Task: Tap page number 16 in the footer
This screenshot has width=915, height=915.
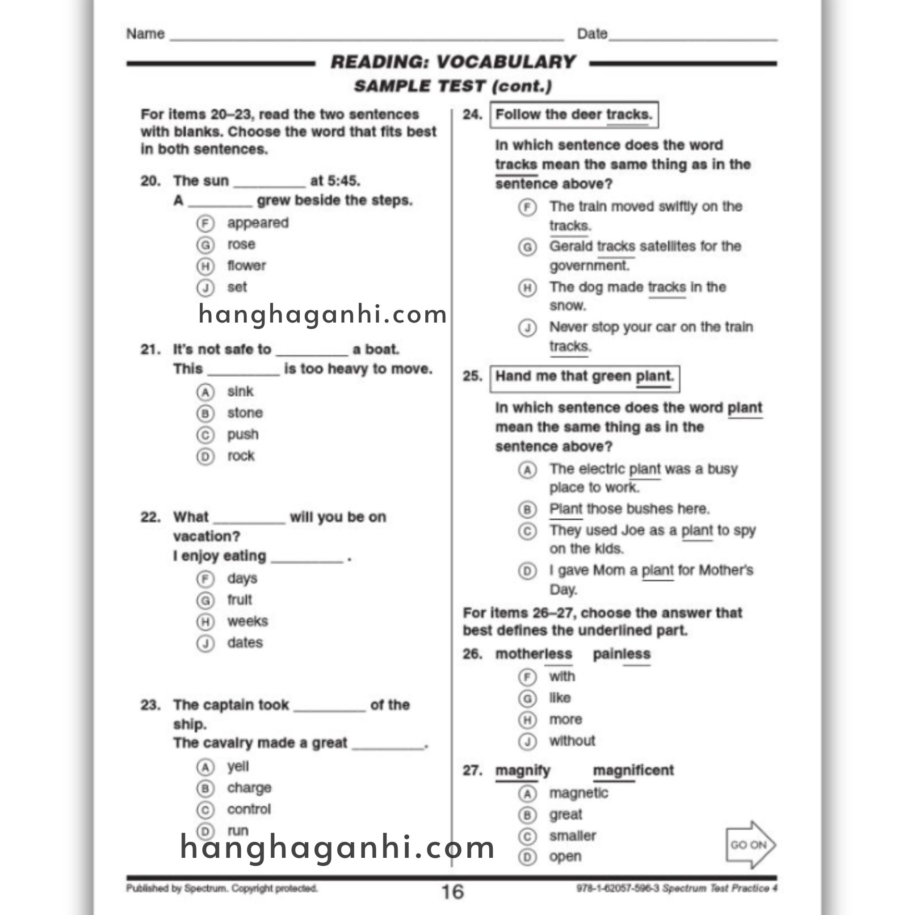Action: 452,892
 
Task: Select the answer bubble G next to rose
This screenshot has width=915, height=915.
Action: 205,245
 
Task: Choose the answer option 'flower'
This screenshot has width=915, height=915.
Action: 246,266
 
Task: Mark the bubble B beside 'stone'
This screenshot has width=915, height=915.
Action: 205,413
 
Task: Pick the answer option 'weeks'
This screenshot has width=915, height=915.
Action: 247,621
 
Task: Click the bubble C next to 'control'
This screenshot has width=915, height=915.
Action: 205,810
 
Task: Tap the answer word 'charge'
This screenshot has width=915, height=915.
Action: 249,788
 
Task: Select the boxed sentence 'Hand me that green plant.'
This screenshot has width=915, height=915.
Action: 584,377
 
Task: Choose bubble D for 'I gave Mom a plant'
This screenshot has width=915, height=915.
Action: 527,571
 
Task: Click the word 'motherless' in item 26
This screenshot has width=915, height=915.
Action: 533,654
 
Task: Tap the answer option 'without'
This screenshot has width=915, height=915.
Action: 571,741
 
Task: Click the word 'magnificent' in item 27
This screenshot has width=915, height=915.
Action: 633,771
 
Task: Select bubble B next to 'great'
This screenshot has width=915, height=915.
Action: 527,815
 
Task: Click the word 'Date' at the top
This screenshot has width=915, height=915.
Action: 592,34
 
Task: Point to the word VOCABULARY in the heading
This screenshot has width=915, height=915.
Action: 505,62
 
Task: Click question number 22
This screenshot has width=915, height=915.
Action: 151,517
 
